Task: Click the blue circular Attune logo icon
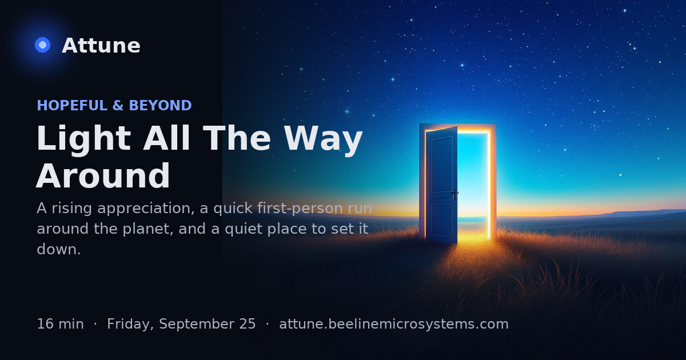click(x=42, y=45)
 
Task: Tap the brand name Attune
click(x=101, y=46)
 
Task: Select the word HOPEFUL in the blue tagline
click(x=72, y=105)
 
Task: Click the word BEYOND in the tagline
click(x=161, y=105)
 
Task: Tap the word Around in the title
click(x=103, y=176)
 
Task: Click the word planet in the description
click(x=148, y=229)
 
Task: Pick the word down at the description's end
click(x=58, y=249)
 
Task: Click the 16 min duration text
click(x=61, y=324)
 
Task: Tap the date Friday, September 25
click(x=181, y=324)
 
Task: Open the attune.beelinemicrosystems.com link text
click(x=394, y=324)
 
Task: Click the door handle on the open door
click(x=455, y=193)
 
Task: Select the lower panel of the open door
click(x=442, y=220)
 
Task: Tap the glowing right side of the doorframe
click(x=489, y=183)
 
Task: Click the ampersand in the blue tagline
click(x=118, y=105)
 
